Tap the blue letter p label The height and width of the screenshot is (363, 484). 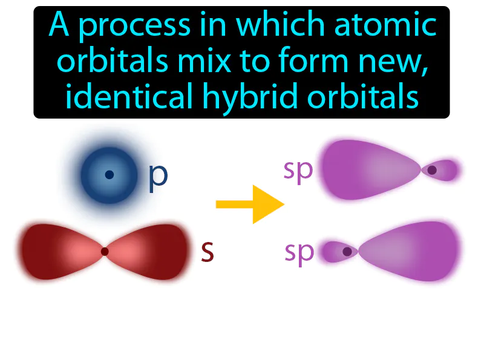pyautogui.click(x=158, y=175)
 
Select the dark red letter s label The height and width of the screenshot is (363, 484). pyautogui.click(x=208, y=252)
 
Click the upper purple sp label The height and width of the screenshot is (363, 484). pyautogui.click(x=298, y=171)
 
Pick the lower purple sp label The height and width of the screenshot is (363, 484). pyautogui.click(x=298, y=253)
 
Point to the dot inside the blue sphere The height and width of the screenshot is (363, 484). pyautogui.click(x=109, y=175)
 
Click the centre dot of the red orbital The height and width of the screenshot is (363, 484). pyautogui.click(x=105, y=251)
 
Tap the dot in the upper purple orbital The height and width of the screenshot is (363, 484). pyautogui.click(x=431, y=171)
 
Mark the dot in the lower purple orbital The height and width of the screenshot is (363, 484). pyautogui.click(x=347, y=251)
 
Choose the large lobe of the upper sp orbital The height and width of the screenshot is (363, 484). pyautogui.click(x=369, y=170)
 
